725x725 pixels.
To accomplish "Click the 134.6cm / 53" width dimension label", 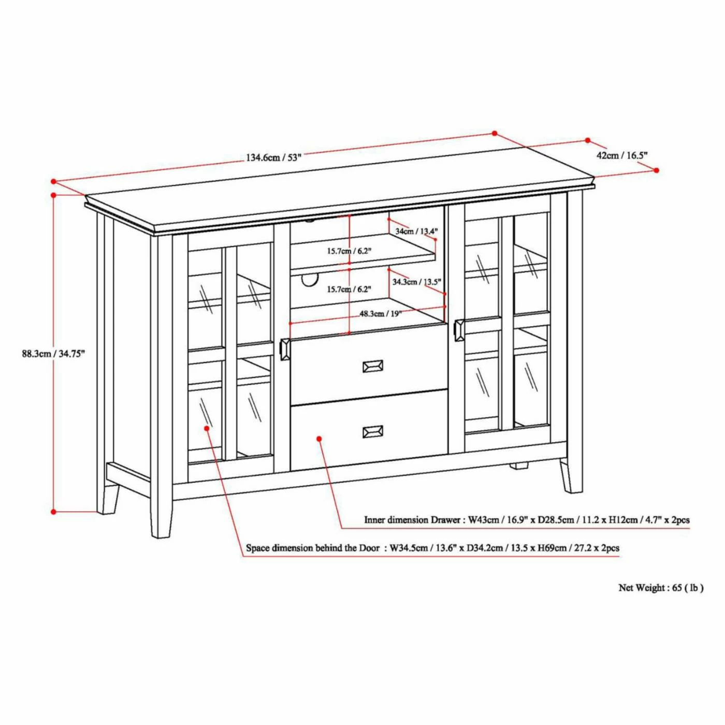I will (273, 157).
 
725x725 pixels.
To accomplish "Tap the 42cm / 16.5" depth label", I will (622, 155).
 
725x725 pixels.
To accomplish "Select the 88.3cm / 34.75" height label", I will (53, 354).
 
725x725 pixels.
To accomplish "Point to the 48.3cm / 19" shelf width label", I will (381, 313).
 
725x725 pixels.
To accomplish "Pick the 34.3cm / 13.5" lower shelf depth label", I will (416, 282).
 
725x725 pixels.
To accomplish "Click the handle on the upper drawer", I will (373, 366).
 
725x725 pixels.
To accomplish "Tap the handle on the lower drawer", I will (373, 431).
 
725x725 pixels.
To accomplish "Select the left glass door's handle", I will (285, 349).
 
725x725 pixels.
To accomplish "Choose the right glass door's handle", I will (459, 330).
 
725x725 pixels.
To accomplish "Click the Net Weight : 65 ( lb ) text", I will (661, 588).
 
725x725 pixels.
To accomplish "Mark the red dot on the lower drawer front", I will (319, 439).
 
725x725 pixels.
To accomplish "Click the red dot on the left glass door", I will (207, 428).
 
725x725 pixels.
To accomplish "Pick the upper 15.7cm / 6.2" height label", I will (349, 251).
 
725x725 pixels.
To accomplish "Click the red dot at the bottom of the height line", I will (53, 512).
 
